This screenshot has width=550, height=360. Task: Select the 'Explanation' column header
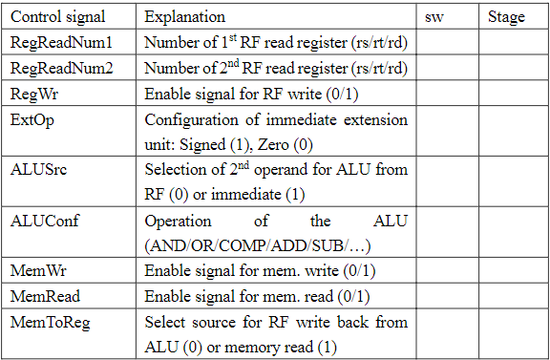pos(185,17)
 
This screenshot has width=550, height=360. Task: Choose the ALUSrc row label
pos(39,169)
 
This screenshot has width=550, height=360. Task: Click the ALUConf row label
pos(44,220)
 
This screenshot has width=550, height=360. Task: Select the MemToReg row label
pos(50,321)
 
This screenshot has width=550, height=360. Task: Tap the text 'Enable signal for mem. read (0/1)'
pos(256,296)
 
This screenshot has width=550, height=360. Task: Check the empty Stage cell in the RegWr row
pos(514,94)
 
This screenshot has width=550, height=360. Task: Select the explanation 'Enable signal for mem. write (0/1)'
pos(257,271)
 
